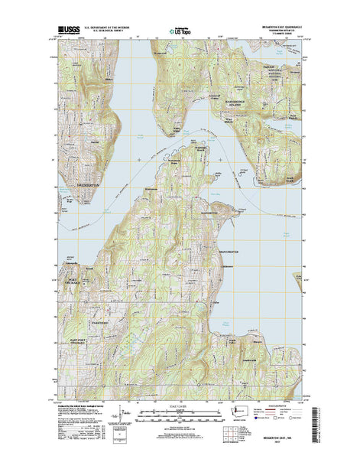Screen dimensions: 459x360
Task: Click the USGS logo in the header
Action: tap(66, 33)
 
